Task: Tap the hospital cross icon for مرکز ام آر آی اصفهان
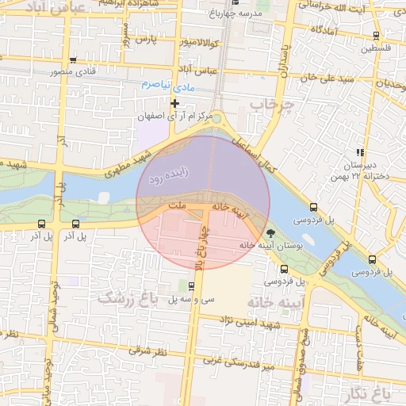(x=175, y=103)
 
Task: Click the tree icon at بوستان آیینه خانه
(x=271, y=233)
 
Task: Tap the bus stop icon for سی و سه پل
(x=192, y=286)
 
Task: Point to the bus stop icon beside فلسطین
(x=376, y=35)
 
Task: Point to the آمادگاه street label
(x=326, y=29)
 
